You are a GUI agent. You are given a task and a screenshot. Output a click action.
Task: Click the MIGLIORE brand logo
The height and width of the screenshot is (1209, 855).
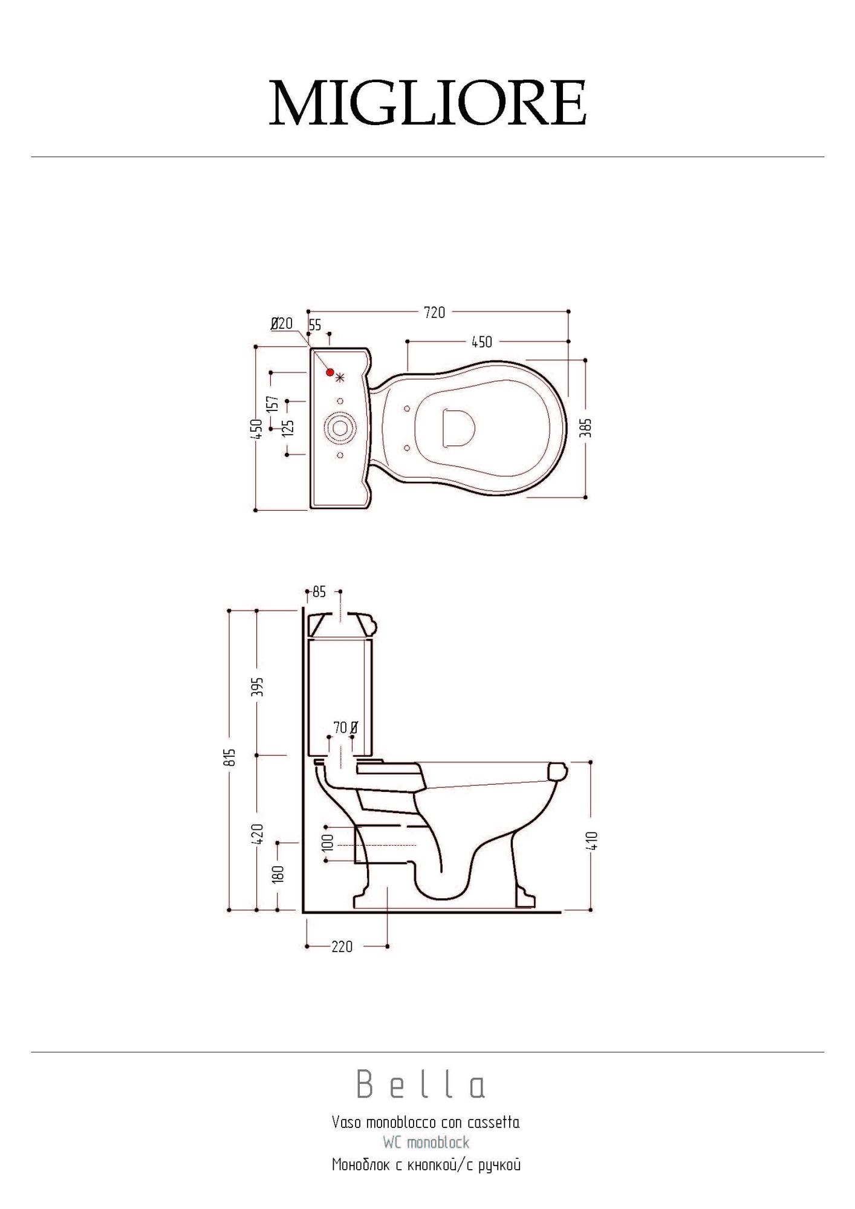(x=427, y=103)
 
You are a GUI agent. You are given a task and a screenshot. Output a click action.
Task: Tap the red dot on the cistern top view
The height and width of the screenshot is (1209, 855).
(x=330, y=372)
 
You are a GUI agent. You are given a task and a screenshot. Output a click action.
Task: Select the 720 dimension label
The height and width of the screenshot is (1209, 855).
(x=435, y=313)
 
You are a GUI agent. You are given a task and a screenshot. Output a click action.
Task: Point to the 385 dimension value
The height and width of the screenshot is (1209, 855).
(x=585, y=427)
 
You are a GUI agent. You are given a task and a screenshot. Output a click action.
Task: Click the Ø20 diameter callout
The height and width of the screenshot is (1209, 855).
(x=282, y=323)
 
